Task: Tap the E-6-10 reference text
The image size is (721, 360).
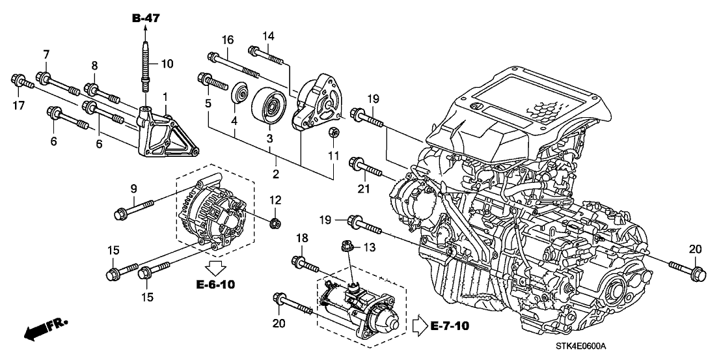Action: [215, 284]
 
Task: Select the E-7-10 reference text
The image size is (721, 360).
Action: [450, 326]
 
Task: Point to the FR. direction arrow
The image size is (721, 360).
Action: [44, 330]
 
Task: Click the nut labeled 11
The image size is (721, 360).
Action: [334, 133]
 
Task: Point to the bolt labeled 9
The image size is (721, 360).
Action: [133, 208]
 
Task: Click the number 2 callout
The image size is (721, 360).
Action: [276, 174]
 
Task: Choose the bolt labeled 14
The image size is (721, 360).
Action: [267, 55]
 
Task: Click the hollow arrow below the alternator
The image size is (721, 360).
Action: [215, 267]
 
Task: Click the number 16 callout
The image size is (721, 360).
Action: [228, 40]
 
